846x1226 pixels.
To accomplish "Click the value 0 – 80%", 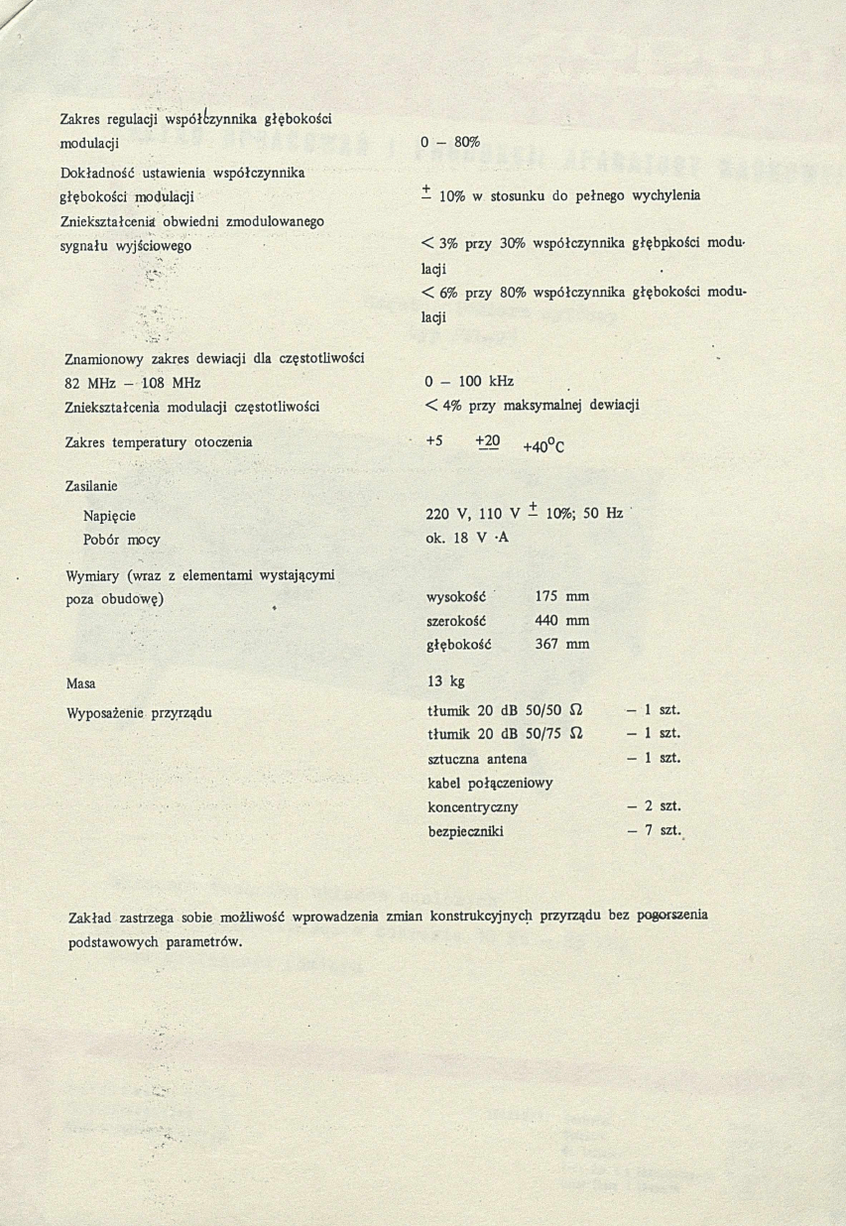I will (450, 143).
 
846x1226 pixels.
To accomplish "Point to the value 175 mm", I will (561, 597).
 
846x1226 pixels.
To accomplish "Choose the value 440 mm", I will (561, 621).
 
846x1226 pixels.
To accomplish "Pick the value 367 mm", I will (561, 645).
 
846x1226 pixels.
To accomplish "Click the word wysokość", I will (457, 597).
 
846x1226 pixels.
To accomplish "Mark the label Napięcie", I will (109, 516).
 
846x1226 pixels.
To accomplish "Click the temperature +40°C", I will (543, 446).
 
